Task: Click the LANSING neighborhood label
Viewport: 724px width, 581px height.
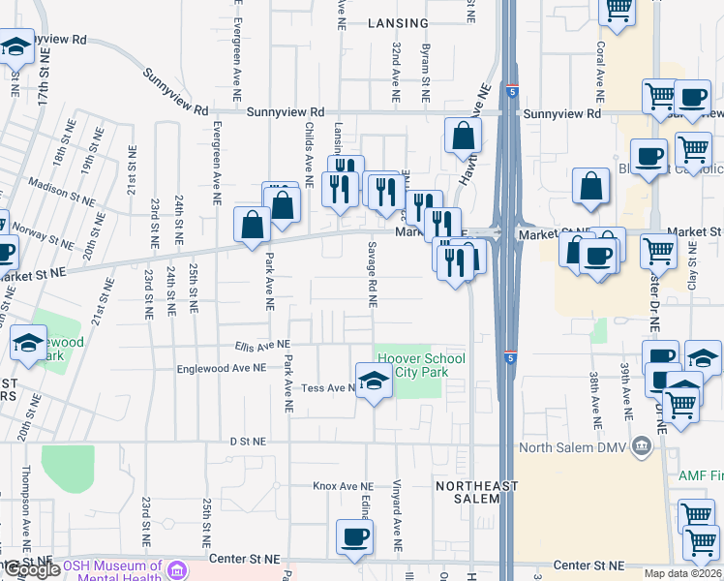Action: (398, 23)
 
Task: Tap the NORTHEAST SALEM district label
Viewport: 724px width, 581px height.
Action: (468, 492)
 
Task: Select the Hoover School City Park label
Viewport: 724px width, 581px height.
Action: (421, 365)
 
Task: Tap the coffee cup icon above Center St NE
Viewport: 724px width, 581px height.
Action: (353, 537)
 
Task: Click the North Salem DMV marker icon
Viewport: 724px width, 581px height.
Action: (640, 447)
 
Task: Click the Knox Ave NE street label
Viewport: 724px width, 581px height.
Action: (342, 486)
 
